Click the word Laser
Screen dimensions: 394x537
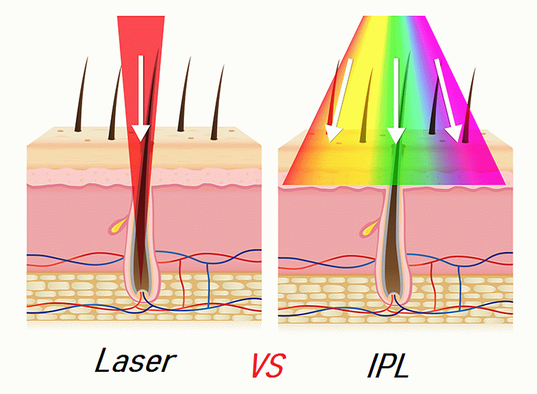pos(135,360)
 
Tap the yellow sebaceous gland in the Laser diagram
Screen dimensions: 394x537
pos(117,228)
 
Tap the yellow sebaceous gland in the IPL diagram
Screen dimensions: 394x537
pos(368,229)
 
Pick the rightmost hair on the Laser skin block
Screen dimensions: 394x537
pos(219,100)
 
